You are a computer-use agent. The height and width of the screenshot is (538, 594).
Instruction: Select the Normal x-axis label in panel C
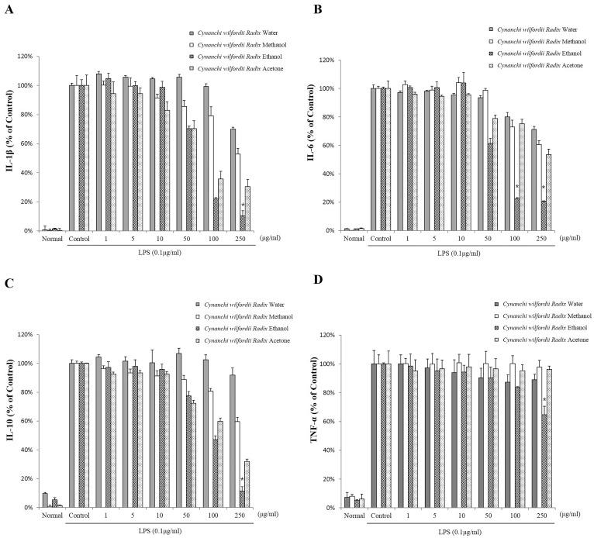[51, 515]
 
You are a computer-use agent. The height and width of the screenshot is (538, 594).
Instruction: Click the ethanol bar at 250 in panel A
[243, 223]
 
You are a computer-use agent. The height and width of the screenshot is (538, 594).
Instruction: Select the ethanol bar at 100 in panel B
[516, 213]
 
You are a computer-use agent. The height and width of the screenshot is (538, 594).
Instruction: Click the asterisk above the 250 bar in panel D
[545, 401]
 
